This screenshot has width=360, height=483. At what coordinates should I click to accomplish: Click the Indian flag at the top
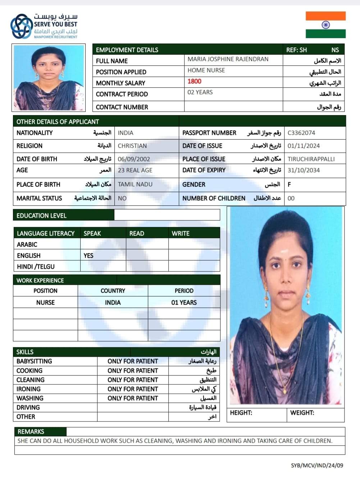point(325,25)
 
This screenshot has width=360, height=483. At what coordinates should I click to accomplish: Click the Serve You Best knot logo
point(21,26)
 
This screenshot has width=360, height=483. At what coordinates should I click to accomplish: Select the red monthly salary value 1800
point(194,82)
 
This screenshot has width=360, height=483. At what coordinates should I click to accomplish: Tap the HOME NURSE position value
point(206,70)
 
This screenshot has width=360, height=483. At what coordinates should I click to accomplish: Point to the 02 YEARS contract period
point(200,92)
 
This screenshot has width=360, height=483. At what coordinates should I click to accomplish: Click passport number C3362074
point(301,133)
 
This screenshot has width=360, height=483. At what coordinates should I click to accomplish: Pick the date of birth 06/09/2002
point(134,159)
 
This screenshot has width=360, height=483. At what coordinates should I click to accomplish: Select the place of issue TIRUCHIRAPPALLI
point(311,159)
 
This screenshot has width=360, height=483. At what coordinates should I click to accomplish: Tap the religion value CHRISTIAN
point(132,146)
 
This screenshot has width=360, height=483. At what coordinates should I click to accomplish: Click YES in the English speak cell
point(88,256)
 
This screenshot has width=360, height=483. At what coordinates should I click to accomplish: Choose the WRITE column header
point(181,233)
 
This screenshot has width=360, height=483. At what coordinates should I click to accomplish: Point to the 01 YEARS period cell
point(184,302)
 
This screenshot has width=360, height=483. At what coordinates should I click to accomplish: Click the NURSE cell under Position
point(45,302)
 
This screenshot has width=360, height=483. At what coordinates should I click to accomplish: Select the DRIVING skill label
point(28,407)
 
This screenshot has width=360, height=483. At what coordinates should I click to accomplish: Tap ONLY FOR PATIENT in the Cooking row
point(133,371)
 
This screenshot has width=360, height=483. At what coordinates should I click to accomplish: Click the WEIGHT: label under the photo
point(302,413)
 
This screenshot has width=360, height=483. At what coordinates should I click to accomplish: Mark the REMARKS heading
point(31,432)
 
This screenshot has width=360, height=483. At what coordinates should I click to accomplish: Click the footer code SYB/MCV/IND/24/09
point(317,465)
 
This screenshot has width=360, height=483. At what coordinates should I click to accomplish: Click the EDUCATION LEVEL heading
point(41,216)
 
